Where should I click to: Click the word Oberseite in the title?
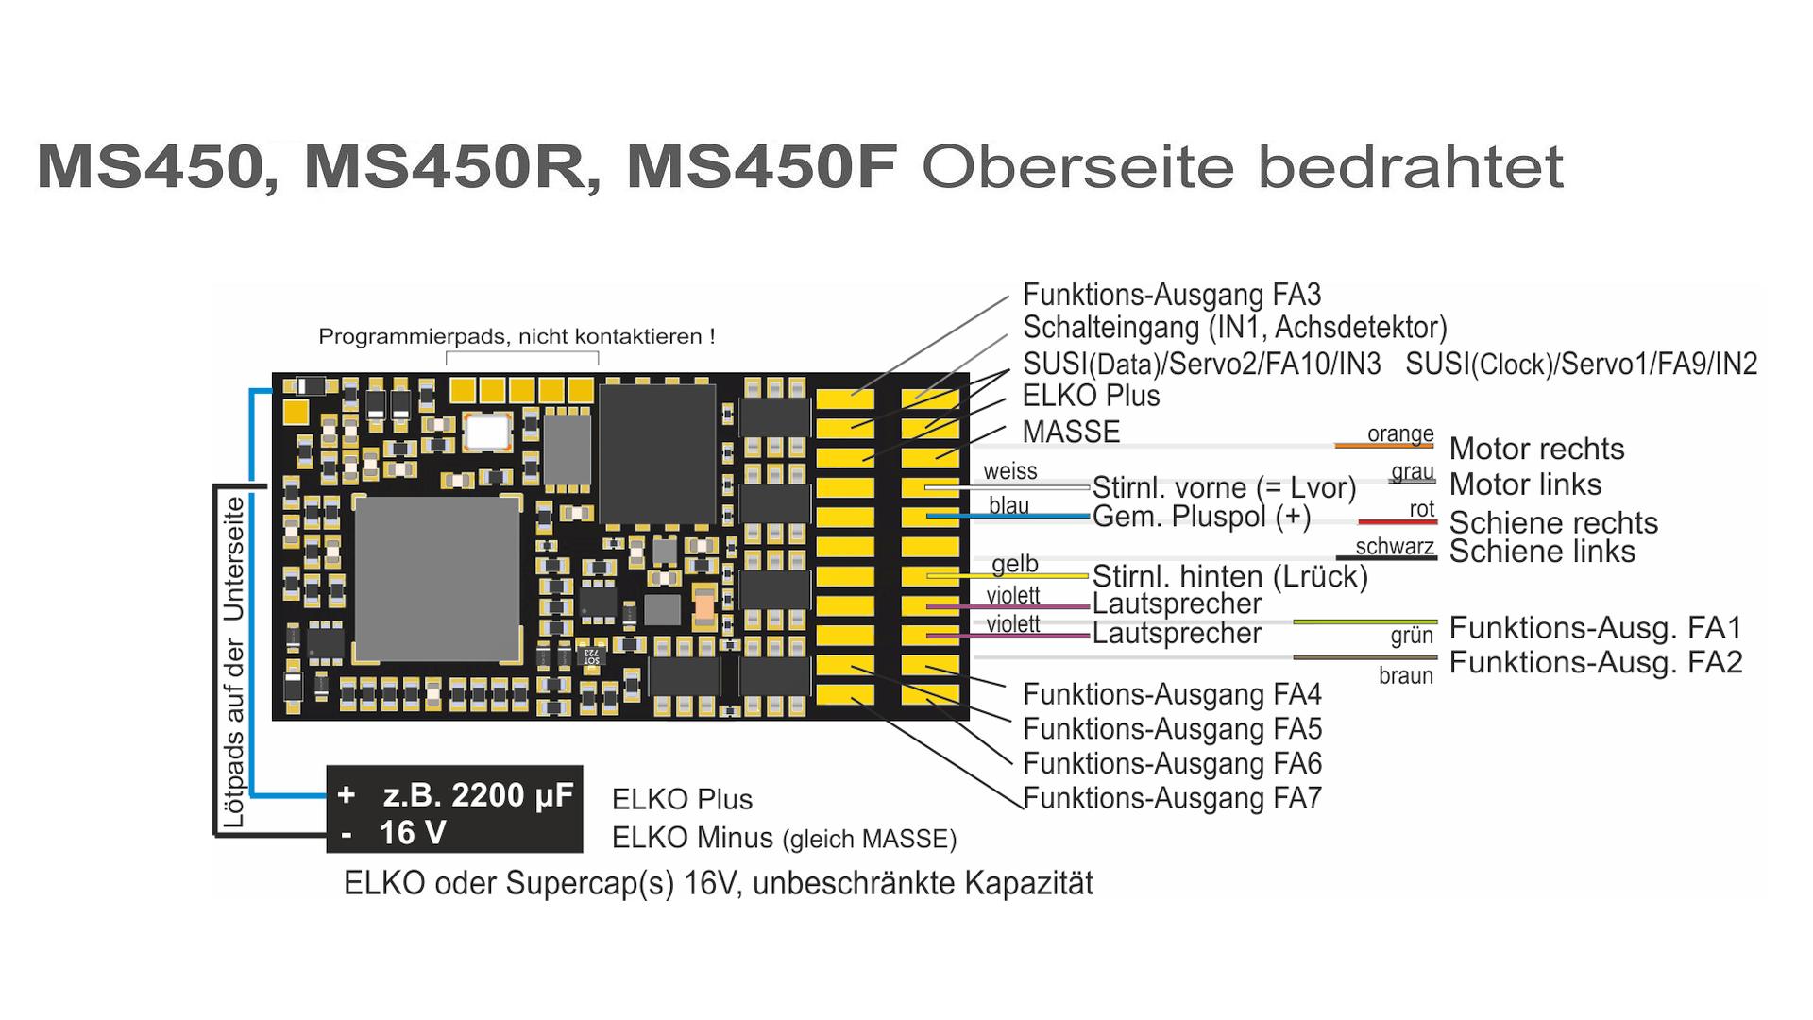[1077, 167]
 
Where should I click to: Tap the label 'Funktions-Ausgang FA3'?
[1172, 295]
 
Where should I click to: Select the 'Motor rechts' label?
[1536, 449]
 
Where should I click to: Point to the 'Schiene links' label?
[1542, 552]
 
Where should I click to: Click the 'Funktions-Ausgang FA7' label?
[1172, 799]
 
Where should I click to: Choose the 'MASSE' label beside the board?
[1071, 432]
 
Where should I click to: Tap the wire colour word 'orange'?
[1400, 433]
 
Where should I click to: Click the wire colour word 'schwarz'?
[1394, 547]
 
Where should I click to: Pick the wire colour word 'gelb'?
[1014, 564]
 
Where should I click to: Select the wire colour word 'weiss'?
[1009, 471]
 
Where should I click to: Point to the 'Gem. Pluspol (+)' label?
[1201, 518]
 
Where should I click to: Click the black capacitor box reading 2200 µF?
[454, 809]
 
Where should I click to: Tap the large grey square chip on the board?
[436, 578]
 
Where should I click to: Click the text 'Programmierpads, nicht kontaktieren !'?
[517, 336]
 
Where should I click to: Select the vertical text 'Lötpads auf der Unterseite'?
[233, 661]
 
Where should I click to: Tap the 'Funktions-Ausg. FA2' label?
[1595, 663]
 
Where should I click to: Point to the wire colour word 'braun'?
[1405, 675]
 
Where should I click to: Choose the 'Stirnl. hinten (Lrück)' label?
[1229, 576]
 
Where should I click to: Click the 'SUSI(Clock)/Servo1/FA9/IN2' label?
[1581, 364]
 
